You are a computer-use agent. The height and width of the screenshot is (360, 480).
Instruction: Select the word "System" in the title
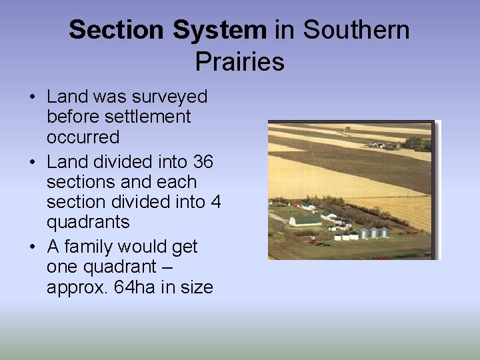(x=220, y=30)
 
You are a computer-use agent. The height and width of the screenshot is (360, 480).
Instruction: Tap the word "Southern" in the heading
(x=356, y=30)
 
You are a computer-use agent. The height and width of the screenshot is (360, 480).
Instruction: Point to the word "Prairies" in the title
(x=239, y=61)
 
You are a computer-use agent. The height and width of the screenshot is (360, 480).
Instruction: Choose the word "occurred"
(x=83, y=137)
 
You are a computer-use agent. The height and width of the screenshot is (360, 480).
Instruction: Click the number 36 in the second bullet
(x=203, y=161)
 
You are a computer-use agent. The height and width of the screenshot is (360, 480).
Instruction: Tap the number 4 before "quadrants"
(x=215, y=201)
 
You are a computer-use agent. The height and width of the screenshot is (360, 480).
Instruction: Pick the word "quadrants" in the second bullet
(x=88, y=221)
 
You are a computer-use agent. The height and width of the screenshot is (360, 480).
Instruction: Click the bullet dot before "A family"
(x=32, y=247)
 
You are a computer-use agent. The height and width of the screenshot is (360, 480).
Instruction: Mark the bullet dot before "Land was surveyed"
(x=32, y=97)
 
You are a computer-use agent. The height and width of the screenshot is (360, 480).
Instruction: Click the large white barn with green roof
(x=305, y=219)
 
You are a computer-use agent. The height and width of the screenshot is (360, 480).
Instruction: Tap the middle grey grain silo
(x=374, y=233)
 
